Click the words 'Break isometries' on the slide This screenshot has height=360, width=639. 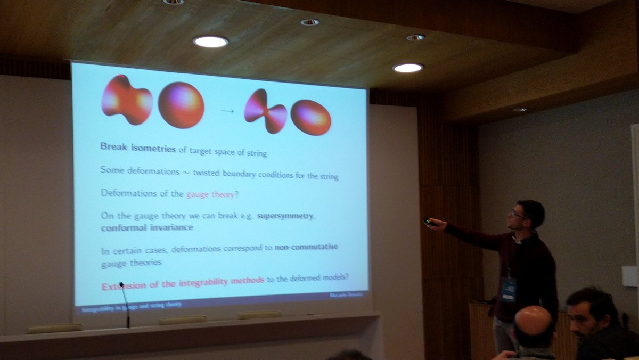[x=137, y=148]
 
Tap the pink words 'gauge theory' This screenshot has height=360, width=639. [x=210, y=194]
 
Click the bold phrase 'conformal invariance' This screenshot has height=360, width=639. [x=146, y=228]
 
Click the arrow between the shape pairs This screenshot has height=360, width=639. [x=227, y=111]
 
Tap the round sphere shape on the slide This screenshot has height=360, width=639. [x=181, y=105]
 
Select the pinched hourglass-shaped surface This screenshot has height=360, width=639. [x=265, y=111]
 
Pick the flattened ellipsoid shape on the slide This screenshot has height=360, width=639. [x=310, y=117]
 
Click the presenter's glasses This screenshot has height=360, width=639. [x=517, y=215]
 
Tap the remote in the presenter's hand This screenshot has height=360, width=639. [x=429, y=222]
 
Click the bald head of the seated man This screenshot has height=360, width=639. [x=533, y=322]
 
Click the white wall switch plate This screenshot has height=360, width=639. [x=629, y=276]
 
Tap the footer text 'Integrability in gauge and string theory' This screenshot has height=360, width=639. [x=132, y=306]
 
